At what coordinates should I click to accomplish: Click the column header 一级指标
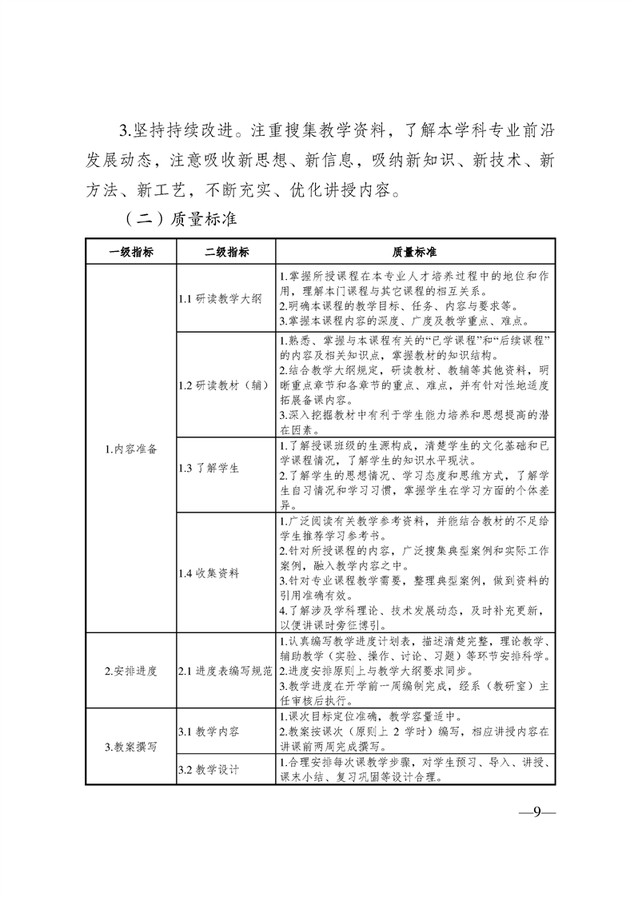(x=131, y=252)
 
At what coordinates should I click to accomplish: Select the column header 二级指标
(x=226, y=252)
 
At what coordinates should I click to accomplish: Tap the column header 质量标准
(x=414, y=252)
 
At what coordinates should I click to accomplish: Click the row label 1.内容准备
(x=131, y=448)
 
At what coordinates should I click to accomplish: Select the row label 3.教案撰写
(x=131, y=747)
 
